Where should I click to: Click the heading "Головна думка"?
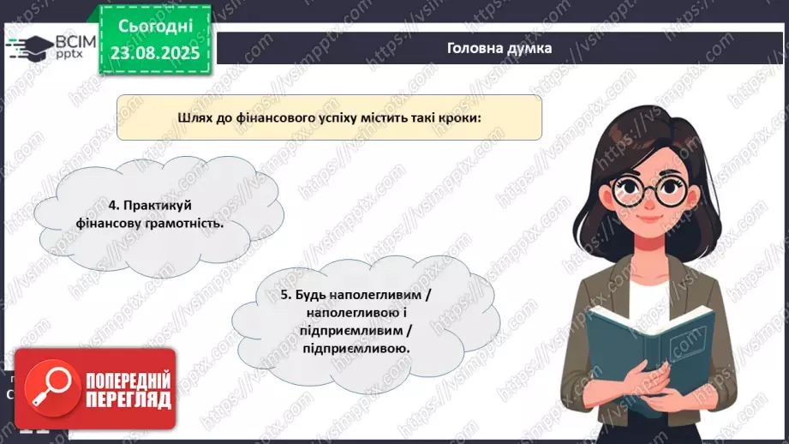tap(499, 48)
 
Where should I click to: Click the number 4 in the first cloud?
tap(112, 206)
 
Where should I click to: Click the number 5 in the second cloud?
tap(284, 295)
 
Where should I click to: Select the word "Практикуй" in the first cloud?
tap(155, 206)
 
